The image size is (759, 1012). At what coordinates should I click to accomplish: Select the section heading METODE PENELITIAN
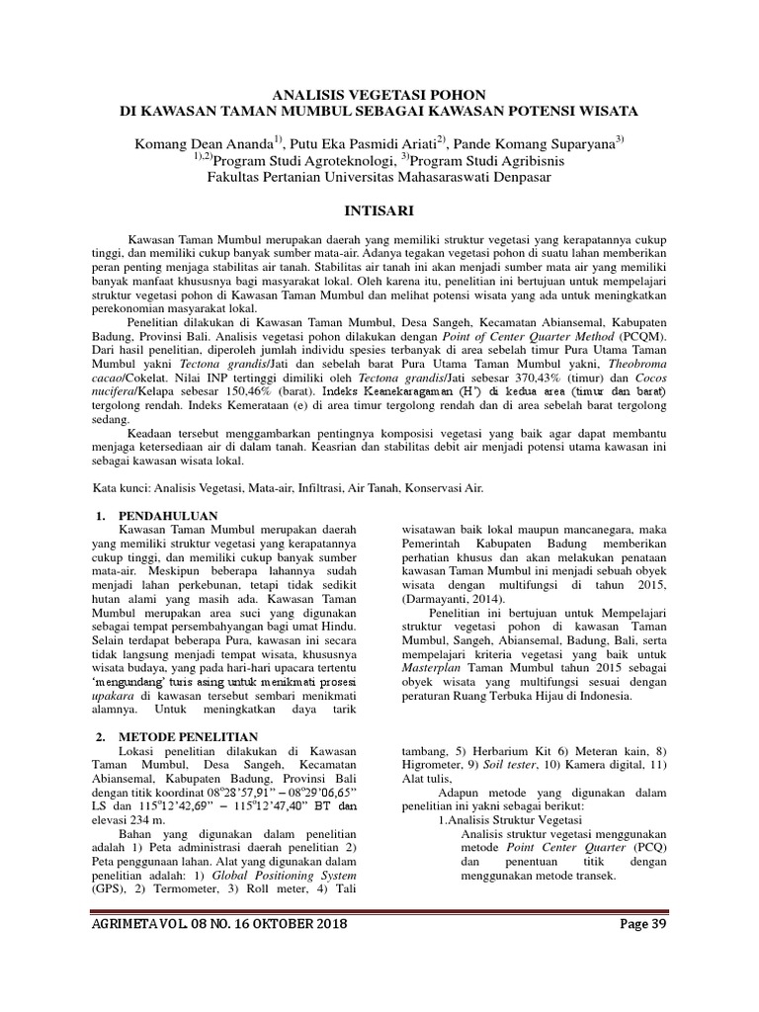(188, 736)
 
